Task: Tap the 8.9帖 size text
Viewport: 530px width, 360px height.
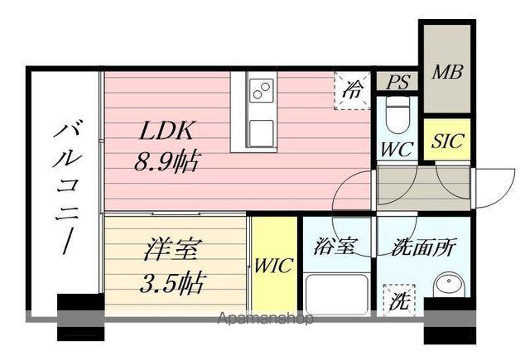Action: point(166,161)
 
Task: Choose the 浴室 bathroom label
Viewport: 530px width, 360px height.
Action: point(335,246)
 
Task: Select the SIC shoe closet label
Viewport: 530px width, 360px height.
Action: point(447,140)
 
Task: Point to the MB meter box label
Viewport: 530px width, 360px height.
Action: point(447,71)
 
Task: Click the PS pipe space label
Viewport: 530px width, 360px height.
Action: point(398,82)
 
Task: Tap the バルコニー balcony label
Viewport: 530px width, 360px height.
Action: point(65,186)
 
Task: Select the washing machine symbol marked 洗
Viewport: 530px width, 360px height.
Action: point(397,300)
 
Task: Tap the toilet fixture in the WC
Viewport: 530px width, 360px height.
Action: point(397,114)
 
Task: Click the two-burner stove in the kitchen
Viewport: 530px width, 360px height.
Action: point(261,89)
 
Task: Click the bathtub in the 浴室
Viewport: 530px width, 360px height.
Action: point(337,295)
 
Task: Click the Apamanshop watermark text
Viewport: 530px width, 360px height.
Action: point(265,319)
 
